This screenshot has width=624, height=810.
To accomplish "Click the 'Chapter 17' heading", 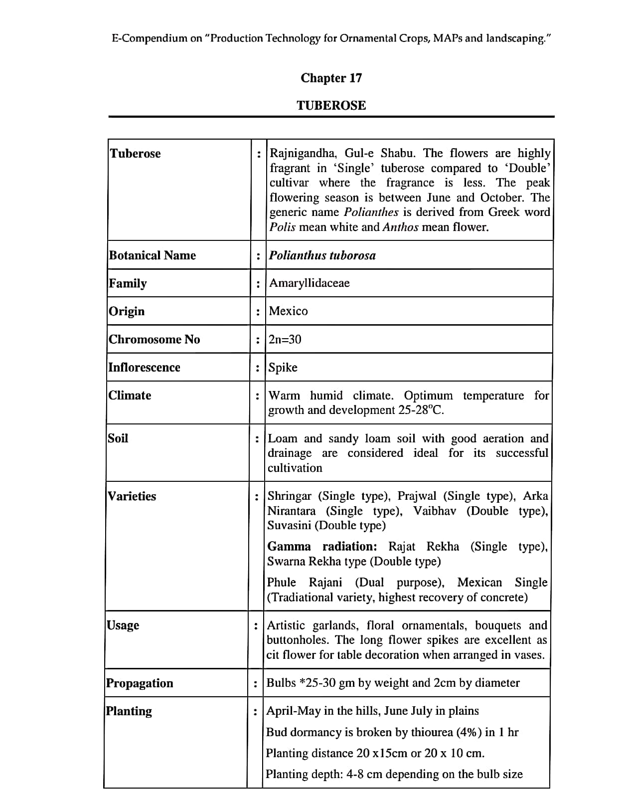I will coord(331,78).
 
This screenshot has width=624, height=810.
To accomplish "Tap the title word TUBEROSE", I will coord(331,105).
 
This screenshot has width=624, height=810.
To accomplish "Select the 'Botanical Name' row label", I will coord(153,255).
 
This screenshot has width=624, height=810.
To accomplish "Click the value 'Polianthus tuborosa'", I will coord(322,255).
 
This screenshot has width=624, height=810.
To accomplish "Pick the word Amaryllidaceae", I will coord(309,283).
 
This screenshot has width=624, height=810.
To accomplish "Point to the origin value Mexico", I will coord(288,311).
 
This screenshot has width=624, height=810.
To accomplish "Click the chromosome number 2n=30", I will coord(285,339).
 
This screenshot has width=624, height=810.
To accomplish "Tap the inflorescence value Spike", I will coord(283,367).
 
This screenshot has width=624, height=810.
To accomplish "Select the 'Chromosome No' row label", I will coord(154,339).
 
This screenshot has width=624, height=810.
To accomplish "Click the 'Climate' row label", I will coord(130,395).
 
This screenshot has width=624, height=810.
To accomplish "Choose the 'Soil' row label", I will coord(118,438).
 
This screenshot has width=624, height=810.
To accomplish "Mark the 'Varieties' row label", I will coord(132,496).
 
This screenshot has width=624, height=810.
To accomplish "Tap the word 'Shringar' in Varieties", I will coord(289,496).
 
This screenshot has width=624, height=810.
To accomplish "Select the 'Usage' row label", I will coord(123,625).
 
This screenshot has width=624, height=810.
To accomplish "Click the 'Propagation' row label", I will coord(140,683).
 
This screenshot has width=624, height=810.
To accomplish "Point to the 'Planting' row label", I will coord(129,711).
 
